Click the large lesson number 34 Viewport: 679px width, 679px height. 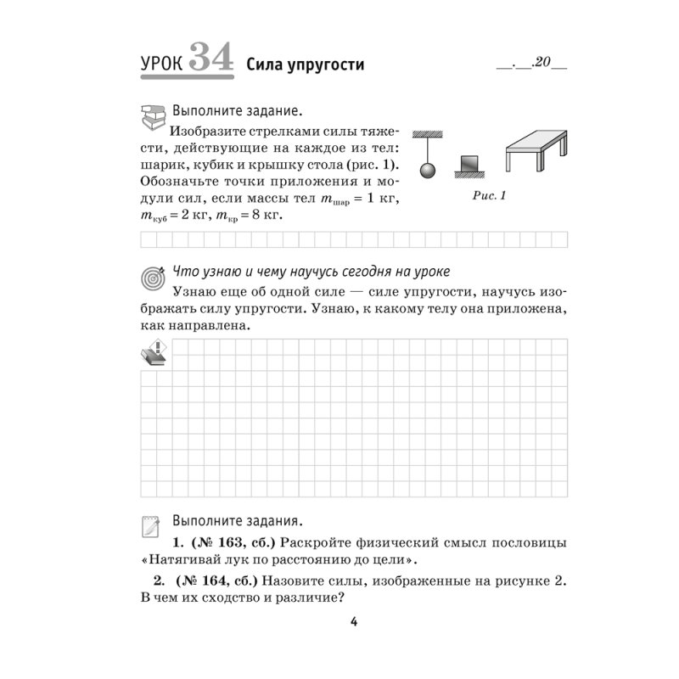pos(210,57)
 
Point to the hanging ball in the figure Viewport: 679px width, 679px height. pos(429,170)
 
